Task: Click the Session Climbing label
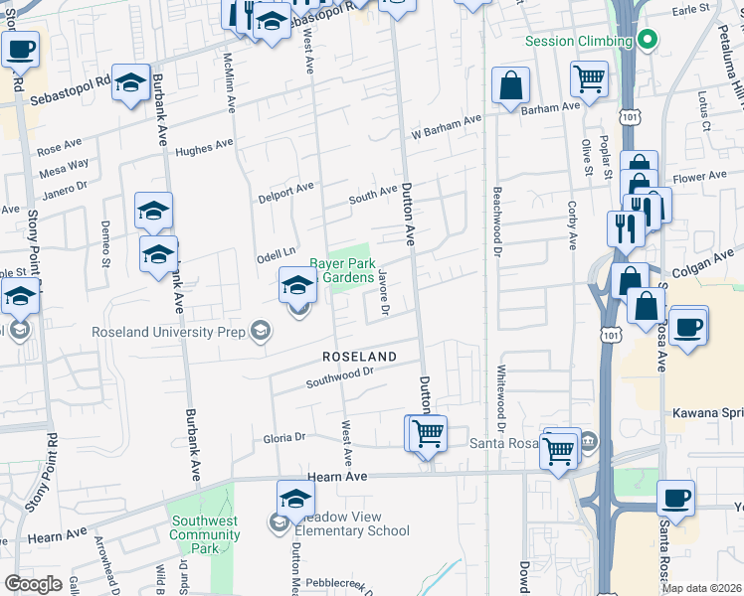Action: tap(578, 41)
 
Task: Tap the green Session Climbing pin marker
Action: tap(647, 41)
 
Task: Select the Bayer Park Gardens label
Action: tap(343, 271)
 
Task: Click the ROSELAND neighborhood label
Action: tap(359, 356)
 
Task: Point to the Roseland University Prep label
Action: tap(169, 332)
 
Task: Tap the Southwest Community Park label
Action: tap(205, 534)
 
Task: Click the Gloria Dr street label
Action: tap(283, 436)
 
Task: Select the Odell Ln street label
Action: tap(278, 254)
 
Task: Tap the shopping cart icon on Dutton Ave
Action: tap(427, 433)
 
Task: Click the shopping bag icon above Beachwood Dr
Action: tap(510, 86)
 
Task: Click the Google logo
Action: tap(32, 584)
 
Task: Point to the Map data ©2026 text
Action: tap(701, 588)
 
